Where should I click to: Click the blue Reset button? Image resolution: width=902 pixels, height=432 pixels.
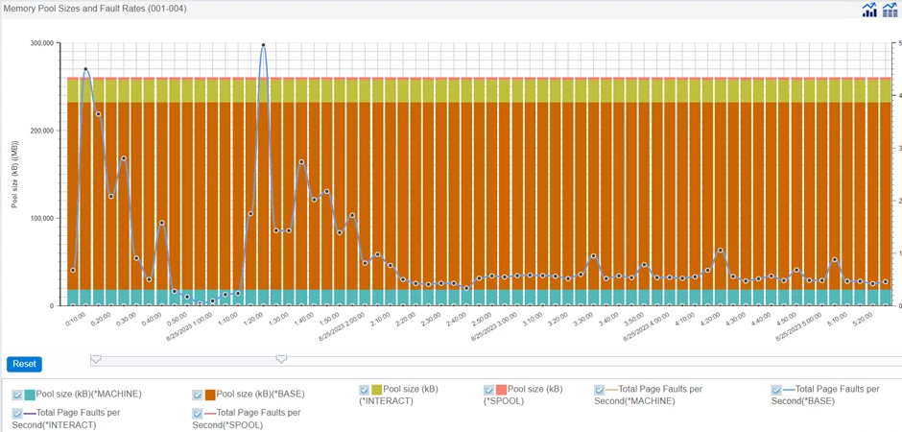click(24, 364)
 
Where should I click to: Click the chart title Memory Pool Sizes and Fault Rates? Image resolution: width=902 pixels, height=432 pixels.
click(95, 9)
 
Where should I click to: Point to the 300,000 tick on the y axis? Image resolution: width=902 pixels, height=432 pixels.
click(40, 43)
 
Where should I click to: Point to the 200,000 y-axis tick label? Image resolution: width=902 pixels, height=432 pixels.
click(40, 131)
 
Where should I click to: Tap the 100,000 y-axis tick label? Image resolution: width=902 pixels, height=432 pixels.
click(40, 218)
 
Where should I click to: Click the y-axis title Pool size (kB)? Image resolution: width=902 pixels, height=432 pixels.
click(15, 175)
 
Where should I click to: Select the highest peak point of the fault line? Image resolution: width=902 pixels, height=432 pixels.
click(263, 45)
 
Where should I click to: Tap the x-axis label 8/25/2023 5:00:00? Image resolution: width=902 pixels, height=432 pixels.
click(795, 328)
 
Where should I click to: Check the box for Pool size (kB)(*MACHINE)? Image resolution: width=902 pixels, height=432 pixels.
click(17, 396)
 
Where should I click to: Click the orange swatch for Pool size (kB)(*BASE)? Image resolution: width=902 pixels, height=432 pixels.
click(210, 396)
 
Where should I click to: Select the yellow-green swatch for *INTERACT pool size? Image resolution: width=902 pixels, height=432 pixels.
click(376, 390)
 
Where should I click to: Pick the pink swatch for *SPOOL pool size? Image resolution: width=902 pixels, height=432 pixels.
click(501, 390)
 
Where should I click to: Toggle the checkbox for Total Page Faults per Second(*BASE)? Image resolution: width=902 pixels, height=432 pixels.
click(777, 391)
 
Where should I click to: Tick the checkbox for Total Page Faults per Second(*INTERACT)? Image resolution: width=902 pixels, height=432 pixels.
click(17, 414)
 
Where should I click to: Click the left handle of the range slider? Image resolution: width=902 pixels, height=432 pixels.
click(95, 359)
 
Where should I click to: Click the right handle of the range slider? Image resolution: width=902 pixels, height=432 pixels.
click(281, 359)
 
